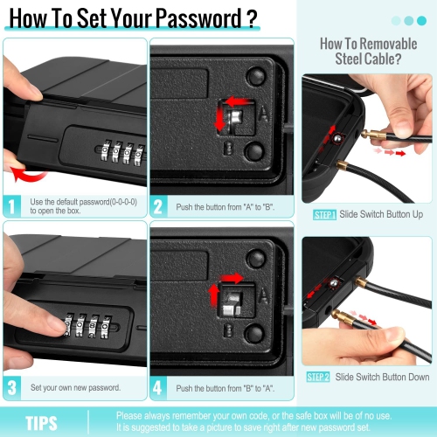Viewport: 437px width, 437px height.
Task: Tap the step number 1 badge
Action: tap(12, 206)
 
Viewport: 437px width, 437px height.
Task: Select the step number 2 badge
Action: tap(159, 206)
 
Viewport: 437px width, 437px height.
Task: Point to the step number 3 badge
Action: tap(12, 388)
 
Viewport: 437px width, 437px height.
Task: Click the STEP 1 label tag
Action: tap(325, 215)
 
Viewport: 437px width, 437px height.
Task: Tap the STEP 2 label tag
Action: tap(318, 377)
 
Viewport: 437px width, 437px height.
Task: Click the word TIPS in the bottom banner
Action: tap(41, 423)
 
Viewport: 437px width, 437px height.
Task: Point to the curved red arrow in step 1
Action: tap(28, 174)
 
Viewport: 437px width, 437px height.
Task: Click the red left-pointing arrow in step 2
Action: tap(238, 101)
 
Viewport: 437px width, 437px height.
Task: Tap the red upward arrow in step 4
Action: tap(214, 295)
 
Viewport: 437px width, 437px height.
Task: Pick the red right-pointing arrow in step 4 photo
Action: tap(232, 278)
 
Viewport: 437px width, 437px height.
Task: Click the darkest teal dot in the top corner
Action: tap(421, 21)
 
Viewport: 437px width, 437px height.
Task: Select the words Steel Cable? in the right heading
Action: tap(368, 59)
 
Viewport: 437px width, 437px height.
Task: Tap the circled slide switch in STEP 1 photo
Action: tap(338, 138)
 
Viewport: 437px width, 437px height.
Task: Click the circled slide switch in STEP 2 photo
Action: tap(334, 283)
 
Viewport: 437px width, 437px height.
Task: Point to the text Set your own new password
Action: tap(75, 388)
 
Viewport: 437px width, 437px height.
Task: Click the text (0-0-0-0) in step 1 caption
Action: tap(123, 202)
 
